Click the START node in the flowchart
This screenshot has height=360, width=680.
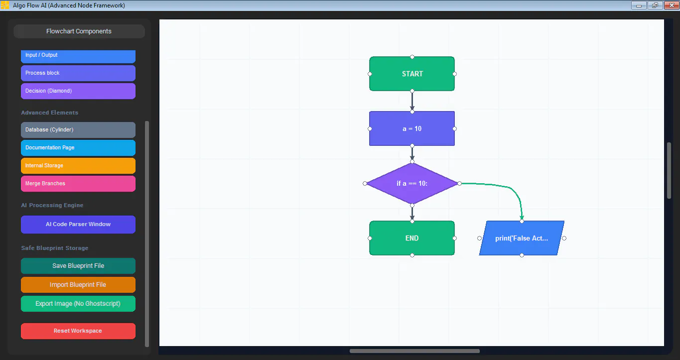tap(412, 74)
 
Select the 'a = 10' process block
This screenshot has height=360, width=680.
tap(412, 128)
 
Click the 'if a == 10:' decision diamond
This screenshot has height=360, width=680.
tap(412, 183)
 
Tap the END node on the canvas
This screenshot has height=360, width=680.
tap(412, 239)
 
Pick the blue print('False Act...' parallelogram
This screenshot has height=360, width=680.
tap(522, 239)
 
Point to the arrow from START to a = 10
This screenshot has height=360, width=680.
tap(412, 101)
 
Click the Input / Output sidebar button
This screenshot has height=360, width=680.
tap(78, 56)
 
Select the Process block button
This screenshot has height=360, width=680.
tap(78, 73)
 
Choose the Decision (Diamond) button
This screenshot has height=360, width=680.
tap(78, 91)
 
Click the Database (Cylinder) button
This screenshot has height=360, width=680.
tap(78, 130)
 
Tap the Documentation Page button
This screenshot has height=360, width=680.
tap(78, 148)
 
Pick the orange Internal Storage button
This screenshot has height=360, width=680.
tap(78, 166)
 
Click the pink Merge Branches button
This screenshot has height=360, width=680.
tap(78, 184)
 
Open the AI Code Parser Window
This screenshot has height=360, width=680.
tap(78, 225)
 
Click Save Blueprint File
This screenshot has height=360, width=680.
tap(78, 266)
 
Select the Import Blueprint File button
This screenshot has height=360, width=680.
tap(78, 285)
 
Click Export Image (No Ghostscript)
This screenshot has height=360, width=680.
tap(78, 304)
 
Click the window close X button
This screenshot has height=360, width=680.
tap(672, 5)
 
